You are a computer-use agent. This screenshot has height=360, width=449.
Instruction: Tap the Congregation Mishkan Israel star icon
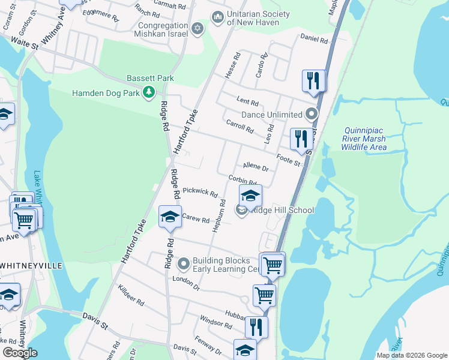pos(197,29)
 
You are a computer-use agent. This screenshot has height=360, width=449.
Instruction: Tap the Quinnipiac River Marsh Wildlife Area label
pos(365,139)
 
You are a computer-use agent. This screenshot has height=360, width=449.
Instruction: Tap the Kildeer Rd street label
pos(131,295)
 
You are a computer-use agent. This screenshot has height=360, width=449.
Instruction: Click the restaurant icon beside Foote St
pos(301,139)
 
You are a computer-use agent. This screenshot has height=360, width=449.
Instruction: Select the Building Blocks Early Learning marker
pos(183,263)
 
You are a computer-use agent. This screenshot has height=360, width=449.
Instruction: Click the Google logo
pos(20,353)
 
